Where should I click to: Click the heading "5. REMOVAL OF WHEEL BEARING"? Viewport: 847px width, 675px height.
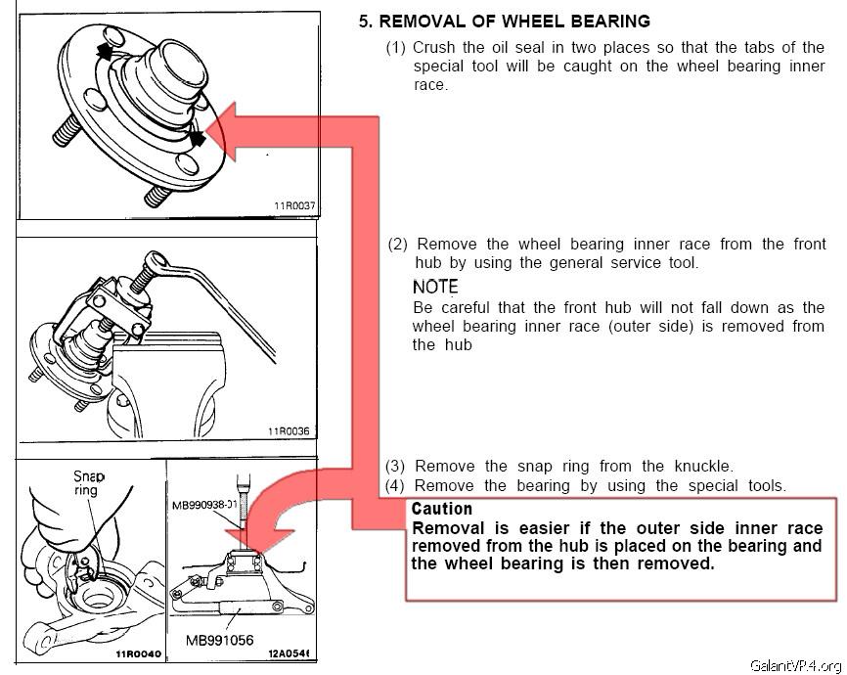(x=504, y=22)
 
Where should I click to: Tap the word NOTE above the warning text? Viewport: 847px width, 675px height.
(x=435, y=287)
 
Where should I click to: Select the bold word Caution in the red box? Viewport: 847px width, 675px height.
(x=442, y=509)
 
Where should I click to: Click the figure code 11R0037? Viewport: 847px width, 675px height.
(x=293, y=206)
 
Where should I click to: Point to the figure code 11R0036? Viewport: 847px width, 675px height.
(x=288, y=430)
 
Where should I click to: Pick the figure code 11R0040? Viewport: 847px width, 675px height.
(x=136, y=654)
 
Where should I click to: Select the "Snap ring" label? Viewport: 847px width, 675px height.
(x=88, y=482)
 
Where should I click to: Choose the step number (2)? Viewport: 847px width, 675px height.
(x=398, y=244)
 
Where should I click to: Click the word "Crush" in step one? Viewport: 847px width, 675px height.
(x=434, y=47)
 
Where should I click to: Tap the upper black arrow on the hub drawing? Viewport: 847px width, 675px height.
(x=102, y=50)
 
